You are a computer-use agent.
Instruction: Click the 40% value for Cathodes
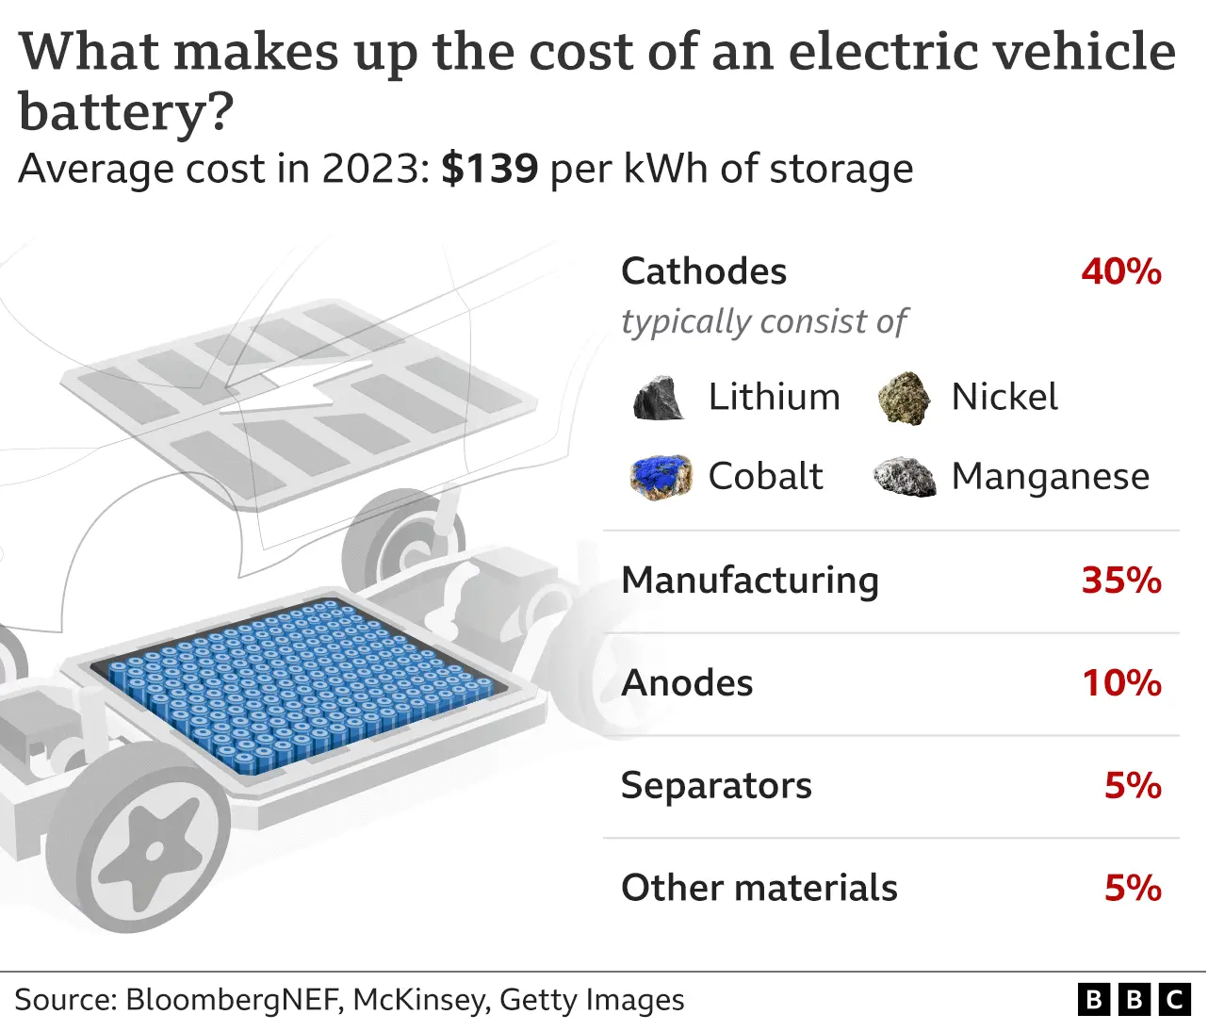[1120, 271]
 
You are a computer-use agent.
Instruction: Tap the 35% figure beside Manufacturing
[1120, 581]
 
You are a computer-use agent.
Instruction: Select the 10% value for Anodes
[1120, 683]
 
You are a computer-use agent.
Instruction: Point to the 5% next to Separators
[1133, 786]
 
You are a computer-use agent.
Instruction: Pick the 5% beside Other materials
[1133, 888]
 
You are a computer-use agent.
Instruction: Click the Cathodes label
[704, 271]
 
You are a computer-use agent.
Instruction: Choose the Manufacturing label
[750, 581]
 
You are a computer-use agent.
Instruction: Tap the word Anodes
[687, 683]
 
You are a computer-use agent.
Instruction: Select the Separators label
[716, 786]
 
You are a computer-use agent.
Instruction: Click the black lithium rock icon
[659, 399]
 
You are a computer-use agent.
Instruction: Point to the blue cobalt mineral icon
[661, 477]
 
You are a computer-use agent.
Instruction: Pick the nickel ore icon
[904, 398]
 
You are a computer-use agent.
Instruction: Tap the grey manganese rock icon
[905, 478]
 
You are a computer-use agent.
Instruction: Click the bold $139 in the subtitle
[490, 170]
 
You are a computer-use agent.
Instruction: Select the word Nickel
[1004, 398]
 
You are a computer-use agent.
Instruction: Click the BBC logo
[1134, 999]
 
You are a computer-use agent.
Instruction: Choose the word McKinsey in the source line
[420, 1000]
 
